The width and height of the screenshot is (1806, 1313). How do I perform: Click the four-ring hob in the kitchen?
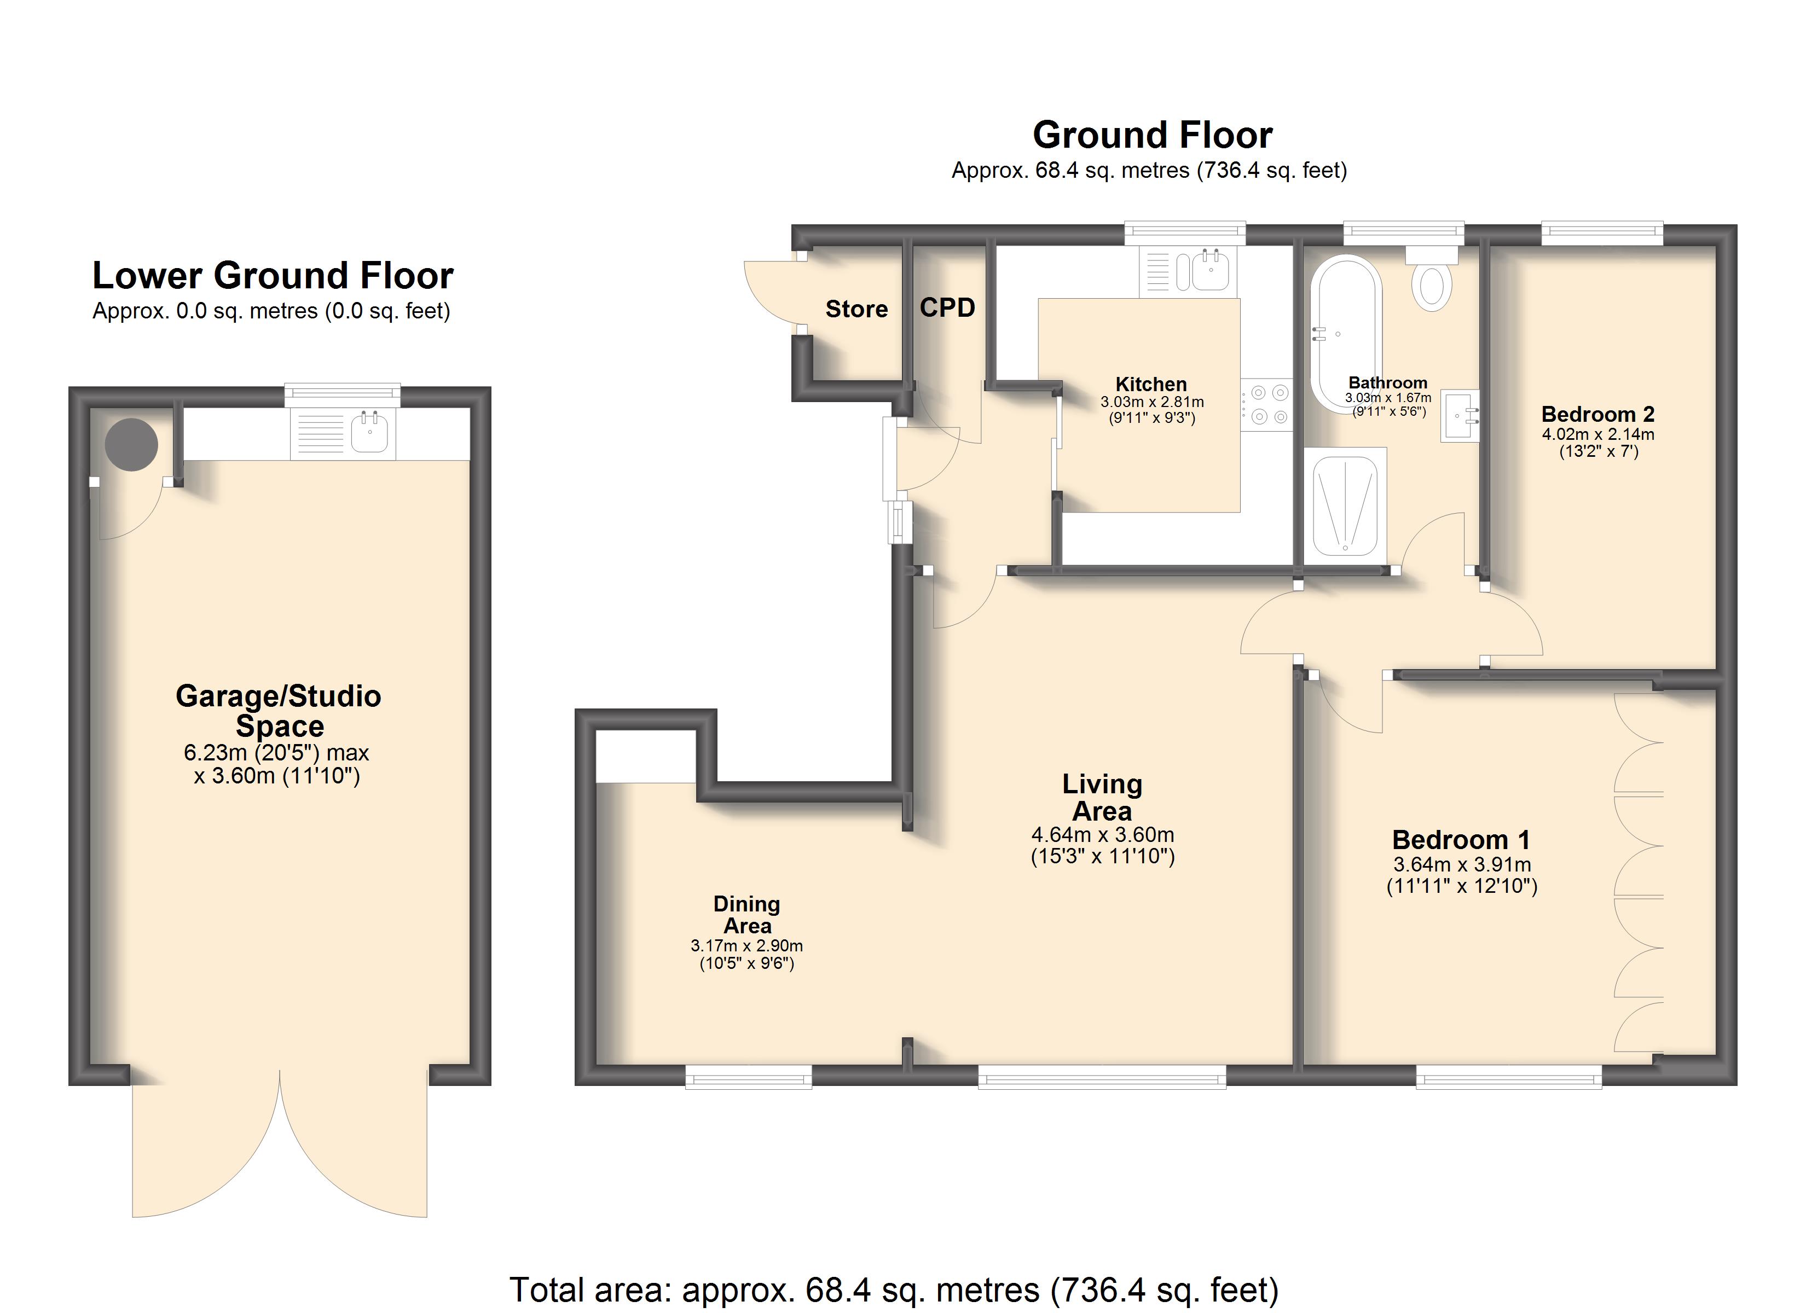[1266, 404]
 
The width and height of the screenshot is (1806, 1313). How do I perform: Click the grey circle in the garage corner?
[131, 444]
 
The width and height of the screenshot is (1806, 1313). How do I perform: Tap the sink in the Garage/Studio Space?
[343, 434]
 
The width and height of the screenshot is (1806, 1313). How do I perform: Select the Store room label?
[857, 309]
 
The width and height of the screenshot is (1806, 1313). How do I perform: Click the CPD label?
[947, 307]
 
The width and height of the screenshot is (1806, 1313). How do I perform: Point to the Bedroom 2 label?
[1598, 414]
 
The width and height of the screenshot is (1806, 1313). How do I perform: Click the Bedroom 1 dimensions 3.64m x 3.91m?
[1462, 865]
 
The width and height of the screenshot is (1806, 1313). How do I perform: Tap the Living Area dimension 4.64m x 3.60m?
[1103, 834]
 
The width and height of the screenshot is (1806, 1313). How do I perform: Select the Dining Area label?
[747, 915]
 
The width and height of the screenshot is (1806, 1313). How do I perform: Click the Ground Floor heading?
[1152, 135]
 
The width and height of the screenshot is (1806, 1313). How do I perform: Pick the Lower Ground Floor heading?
[273, 276]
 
